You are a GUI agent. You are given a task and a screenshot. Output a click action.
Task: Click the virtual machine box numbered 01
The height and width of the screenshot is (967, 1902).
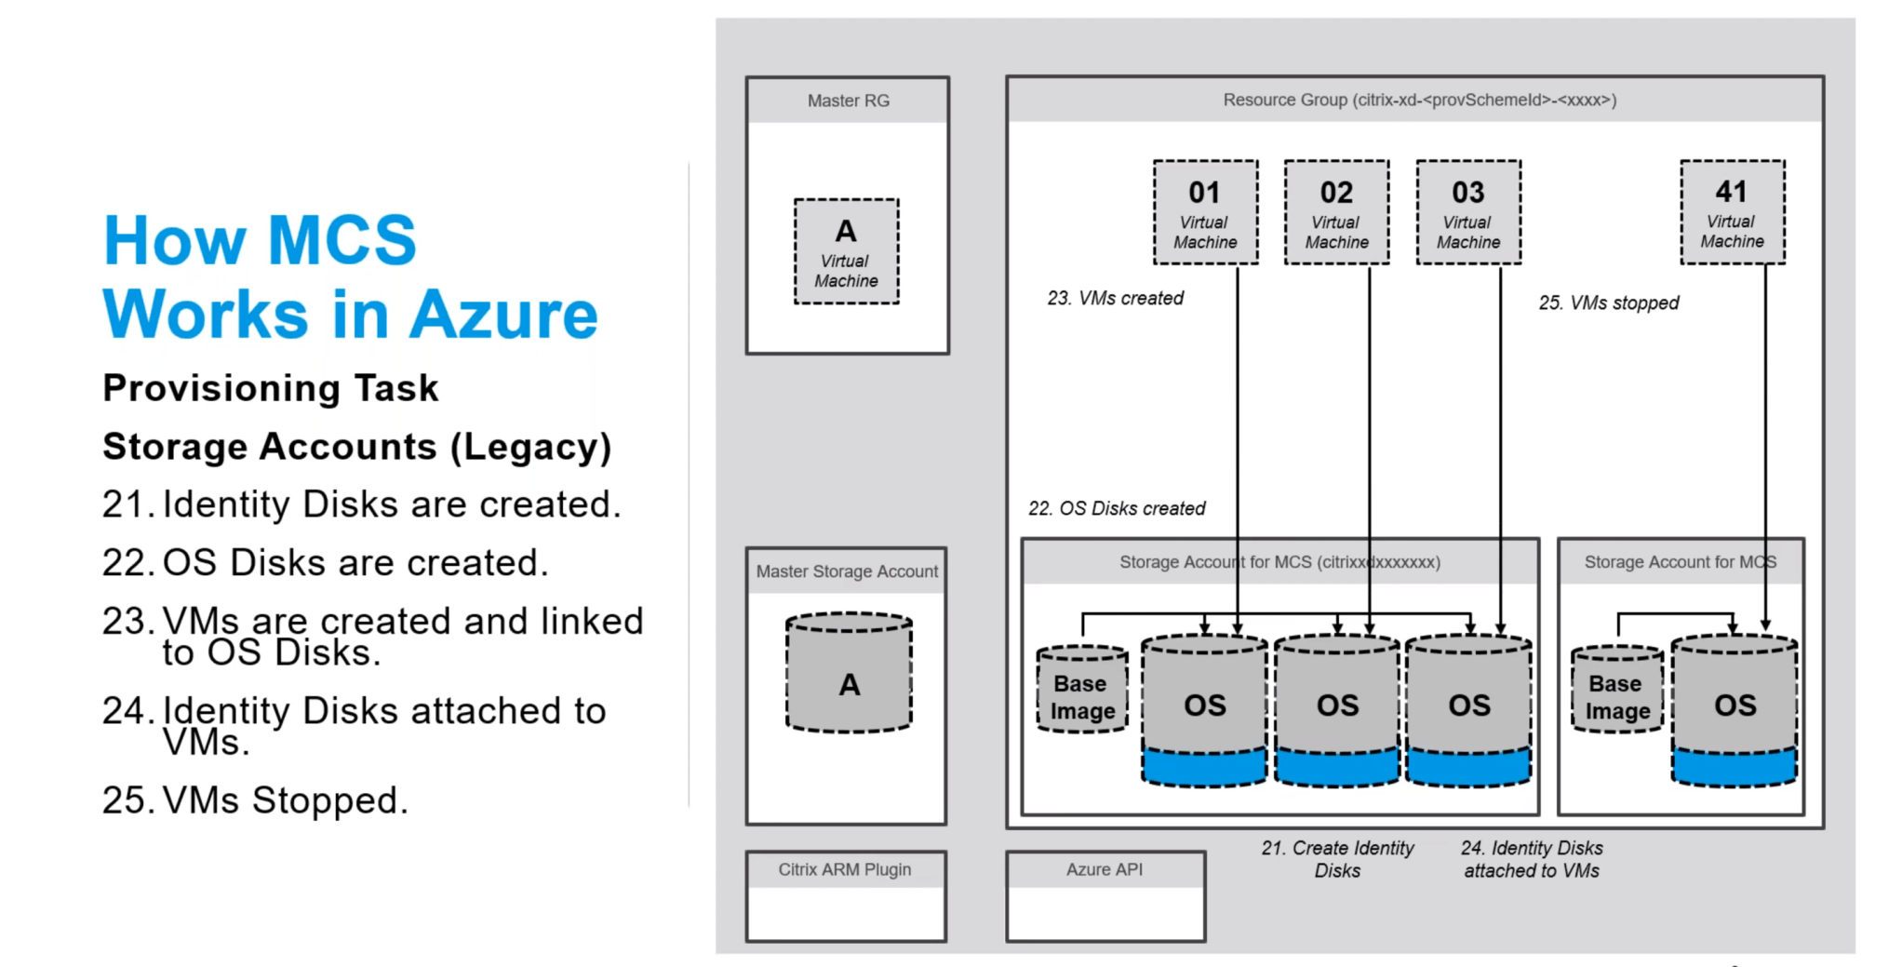(x=1205, y=212)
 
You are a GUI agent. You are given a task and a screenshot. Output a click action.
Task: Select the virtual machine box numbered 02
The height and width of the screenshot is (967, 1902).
(x=1336, y=212)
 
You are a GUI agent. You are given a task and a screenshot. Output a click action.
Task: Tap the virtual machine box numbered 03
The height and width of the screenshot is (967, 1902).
(x=1468, y=212)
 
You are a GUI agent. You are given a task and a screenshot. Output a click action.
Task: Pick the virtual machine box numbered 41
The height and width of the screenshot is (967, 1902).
(x=1732, y=212)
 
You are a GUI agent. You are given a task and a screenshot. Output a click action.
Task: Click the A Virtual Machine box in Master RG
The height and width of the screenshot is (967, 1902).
(x=846, y=251)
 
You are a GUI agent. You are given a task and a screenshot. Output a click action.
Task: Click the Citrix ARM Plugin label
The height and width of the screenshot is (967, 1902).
(x=845, y=869)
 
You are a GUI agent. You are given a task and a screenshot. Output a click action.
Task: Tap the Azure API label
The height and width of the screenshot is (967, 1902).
(x=1105, y=869)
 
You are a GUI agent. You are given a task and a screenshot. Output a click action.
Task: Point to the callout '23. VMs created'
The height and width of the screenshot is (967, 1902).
(x=1115, y=298)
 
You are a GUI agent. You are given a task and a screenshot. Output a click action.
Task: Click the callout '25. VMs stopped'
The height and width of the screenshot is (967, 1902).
(x=1608, y=302)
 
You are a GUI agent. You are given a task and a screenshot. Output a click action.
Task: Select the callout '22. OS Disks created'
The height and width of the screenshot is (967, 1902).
(x=1117, y=508)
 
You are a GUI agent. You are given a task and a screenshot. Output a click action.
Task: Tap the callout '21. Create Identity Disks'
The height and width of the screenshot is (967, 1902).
(x=1337, y=859)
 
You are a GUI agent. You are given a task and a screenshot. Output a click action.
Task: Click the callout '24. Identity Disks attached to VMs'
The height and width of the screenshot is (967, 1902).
(x=1532, y=859)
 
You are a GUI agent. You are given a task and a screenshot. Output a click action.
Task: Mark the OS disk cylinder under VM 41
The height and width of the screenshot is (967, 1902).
(x=1735, y=707)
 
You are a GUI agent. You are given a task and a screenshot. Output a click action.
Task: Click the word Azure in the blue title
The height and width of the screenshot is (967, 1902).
(x=502, y=315)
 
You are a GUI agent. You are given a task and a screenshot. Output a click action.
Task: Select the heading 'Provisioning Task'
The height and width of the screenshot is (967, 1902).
(x=270, y=388)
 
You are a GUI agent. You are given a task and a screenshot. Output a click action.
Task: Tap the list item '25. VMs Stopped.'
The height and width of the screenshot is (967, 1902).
(x=256, y=800)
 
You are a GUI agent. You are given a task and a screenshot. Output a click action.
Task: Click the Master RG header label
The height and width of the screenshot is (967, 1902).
(x=848, y=101)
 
